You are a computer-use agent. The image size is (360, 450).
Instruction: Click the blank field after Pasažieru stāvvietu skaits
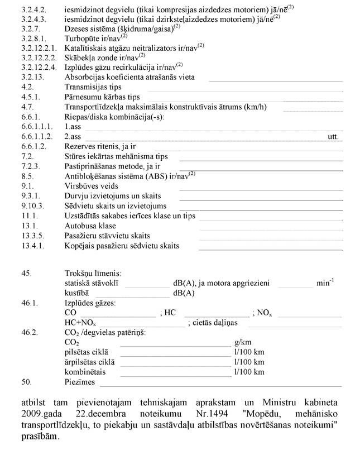(x=270, y=236)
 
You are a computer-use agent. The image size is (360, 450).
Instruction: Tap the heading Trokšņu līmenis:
(x=93, y=273)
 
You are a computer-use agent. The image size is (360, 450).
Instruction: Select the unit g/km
(x=244, y=342)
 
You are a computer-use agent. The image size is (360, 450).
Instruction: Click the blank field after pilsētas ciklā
(x=175, y=352)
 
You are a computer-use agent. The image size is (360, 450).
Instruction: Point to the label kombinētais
(x=85, y=372)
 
